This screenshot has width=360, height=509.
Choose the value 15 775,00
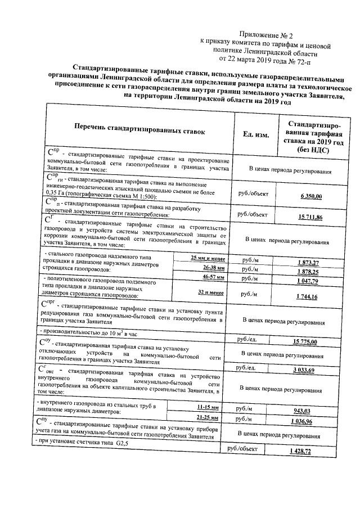(305, 342)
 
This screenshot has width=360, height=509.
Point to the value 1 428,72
(305, 452)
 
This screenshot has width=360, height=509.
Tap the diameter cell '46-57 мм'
(213, 277)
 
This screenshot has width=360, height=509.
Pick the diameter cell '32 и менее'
(211, 293)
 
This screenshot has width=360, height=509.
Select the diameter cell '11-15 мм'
(208, 406)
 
